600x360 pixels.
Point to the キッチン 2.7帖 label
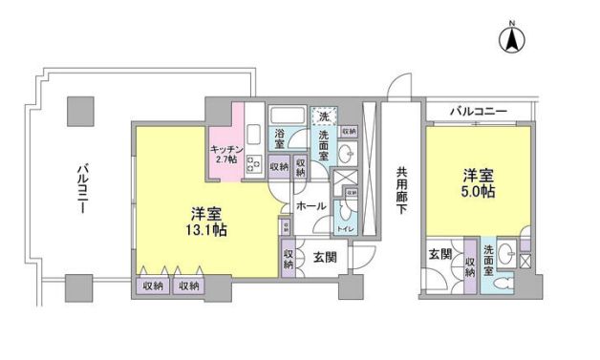tap(226, 154)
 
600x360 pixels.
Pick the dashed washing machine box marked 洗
tap(325, 116)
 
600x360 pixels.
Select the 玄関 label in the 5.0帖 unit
tap(440, 254)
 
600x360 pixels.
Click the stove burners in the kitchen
tap(255, 162)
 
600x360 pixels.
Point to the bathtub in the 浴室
tap(286, 116)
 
